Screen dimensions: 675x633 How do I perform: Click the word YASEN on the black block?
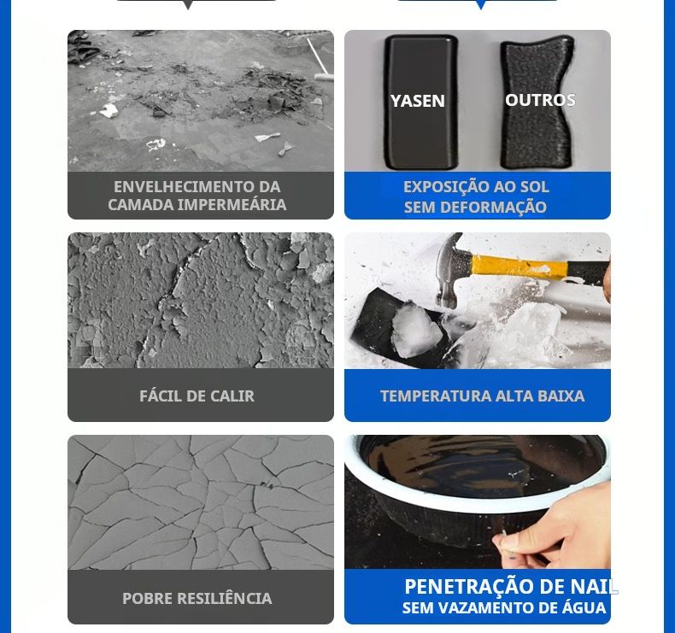418,101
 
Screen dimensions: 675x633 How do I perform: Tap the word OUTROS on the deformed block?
540,100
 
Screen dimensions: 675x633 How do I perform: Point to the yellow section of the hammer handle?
519,267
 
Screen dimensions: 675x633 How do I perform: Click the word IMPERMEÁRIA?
232,204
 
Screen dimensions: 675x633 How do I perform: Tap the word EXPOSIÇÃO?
445,187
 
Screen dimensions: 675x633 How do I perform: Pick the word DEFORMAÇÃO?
493,207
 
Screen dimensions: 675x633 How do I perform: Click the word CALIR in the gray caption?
232,396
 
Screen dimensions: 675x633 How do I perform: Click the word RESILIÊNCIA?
224,598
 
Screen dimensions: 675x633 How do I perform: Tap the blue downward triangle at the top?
480,5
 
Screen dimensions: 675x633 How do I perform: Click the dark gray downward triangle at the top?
188,5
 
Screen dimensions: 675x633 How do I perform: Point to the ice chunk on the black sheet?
416,330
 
